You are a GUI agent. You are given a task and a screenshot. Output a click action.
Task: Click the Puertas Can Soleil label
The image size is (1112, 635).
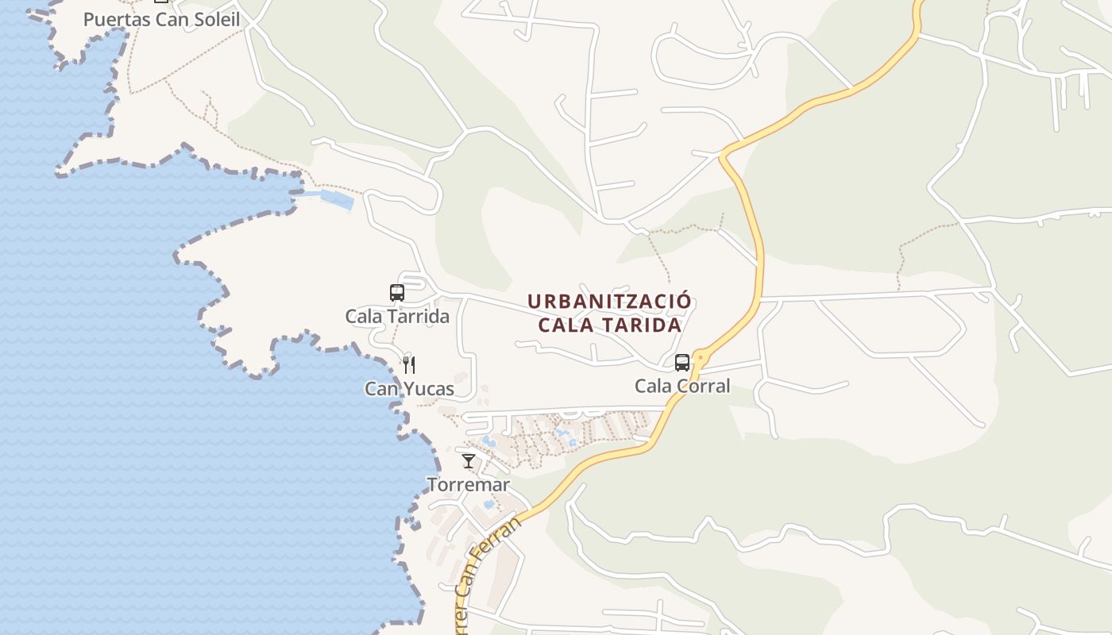pos(161,19)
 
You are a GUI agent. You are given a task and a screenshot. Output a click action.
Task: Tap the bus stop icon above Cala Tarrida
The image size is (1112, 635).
pos(397,292)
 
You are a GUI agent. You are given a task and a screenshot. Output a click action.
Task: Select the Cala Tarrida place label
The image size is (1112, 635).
pos(397,316)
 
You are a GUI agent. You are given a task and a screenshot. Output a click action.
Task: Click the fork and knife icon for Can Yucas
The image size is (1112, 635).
pos(409,365)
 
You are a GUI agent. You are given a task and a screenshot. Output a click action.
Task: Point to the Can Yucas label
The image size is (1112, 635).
pos(409,389)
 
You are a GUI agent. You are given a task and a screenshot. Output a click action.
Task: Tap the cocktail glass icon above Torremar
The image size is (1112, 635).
pos(469,460)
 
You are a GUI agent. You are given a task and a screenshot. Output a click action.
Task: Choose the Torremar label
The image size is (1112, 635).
pos(469,484)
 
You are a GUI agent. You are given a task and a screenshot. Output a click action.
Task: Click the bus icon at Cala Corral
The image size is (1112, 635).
pos(682,363)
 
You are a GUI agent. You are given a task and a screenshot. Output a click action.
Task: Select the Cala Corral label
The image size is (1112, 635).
pos(682,387)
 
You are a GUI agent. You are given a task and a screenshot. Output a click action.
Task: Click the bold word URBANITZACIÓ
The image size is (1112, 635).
pos(610,302)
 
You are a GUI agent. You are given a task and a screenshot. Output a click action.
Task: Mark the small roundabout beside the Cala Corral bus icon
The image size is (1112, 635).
pos(699,357)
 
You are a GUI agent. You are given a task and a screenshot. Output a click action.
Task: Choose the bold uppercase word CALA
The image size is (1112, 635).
pos(565,325)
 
